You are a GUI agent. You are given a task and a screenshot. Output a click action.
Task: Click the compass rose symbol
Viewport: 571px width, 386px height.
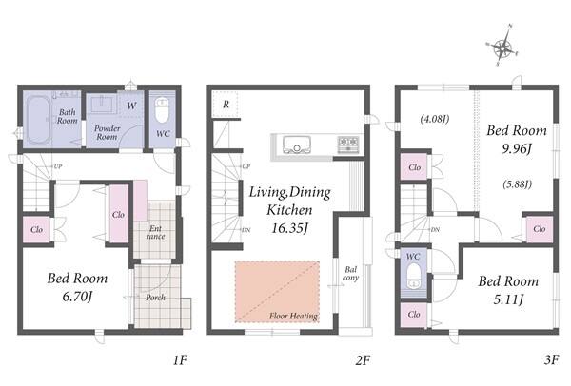click(502, 46)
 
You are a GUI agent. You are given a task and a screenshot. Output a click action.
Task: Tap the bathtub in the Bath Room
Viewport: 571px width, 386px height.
click(38, 120)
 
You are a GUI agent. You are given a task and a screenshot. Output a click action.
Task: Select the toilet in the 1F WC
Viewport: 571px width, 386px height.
click(162, 109)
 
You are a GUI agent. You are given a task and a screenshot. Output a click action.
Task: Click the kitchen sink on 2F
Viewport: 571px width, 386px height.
click(297, 145)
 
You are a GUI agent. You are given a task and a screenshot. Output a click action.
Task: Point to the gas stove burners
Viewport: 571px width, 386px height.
click(348, 145)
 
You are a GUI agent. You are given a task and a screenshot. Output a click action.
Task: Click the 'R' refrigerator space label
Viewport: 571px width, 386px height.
click(226, 105)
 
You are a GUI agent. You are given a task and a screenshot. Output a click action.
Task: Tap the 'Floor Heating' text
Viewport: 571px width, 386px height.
click(293, 316)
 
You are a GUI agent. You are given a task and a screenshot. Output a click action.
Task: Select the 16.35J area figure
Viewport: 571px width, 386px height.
click(290, 228)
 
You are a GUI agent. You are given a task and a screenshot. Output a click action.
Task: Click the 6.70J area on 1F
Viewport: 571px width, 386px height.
click(77, 297)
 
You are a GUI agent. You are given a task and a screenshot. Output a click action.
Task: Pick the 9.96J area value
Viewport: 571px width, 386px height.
click(517, 149)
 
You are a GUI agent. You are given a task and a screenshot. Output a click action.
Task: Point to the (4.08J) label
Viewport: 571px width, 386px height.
click(435, 119)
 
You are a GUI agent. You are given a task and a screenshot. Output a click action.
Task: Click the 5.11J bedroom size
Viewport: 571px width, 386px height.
click(508, 299)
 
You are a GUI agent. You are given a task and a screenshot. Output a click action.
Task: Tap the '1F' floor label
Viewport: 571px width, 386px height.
click(180, 360)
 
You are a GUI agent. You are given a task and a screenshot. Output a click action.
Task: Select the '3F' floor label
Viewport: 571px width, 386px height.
click(551, 360)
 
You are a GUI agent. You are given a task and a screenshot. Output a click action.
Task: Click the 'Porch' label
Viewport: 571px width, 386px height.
click(155, 298)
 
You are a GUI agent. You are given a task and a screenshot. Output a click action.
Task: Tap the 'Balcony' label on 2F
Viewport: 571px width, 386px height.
click(350, 274)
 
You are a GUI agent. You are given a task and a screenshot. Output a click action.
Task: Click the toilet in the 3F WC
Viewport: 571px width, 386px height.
click(413, 276)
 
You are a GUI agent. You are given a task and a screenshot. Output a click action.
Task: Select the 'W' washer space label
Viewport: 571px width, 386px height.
click(131, 106)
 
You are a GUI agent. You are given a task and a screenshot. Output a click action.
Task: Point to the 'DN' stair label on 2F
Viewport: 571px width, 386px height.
click(246, 230)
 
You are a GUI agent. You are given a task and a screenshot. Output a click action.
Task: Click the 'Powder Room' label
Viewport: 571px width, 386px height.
click(107, 133)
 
